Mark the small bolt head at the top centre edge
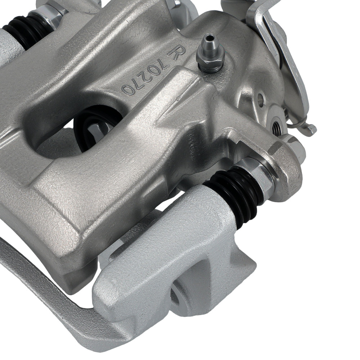coord(176,4)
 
